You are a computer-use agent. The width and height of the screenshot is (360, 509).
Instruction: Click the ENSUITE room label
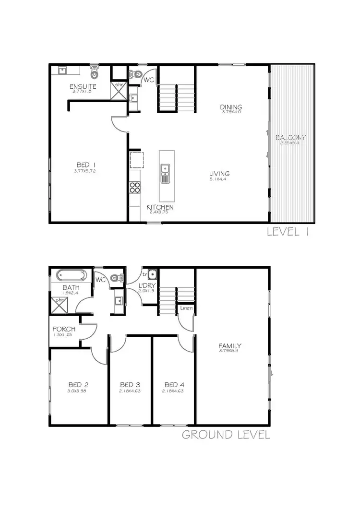click(x=83, y=86)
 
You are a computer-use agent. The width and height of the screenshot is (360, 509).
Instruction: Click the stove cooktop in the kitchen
click(x=135, y=187)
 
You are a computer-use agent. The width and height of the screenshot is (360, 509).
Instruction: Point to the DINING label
click(x=231, y=107)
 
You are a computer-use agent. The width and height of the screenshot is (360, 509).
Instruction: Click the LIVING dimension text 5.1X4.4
click(x=219, y=179)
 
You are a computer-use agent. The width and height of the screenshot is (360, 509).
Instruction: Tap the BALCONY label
click(x=290, y=138)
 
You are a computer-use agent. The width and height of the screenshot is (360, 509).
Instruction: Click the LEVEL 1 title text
click(x=288, y=232)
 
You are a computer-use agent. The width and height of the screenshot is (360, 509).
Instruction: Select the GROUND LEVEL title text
click(x=226, y=435)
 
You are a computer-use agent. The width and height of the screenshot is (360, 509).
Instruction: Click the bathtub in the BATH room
click(x=72, y=276)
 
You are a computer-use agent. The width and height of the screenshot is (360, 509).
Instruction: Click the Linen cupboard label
click(x=187, y=308)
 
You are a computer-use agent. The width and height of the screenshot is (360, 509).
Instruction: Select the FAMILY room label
click(x=230, y=345)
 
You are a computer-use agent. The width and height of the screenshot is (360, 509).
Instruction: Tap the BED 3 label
click(x=130, y=385)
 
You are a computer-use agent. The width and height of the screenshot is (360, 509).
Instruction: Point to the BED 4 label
click(x=174, y=385)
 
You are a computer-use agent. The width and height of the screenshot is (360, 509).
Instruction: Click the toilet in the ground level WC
click(x=117, y=277)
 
